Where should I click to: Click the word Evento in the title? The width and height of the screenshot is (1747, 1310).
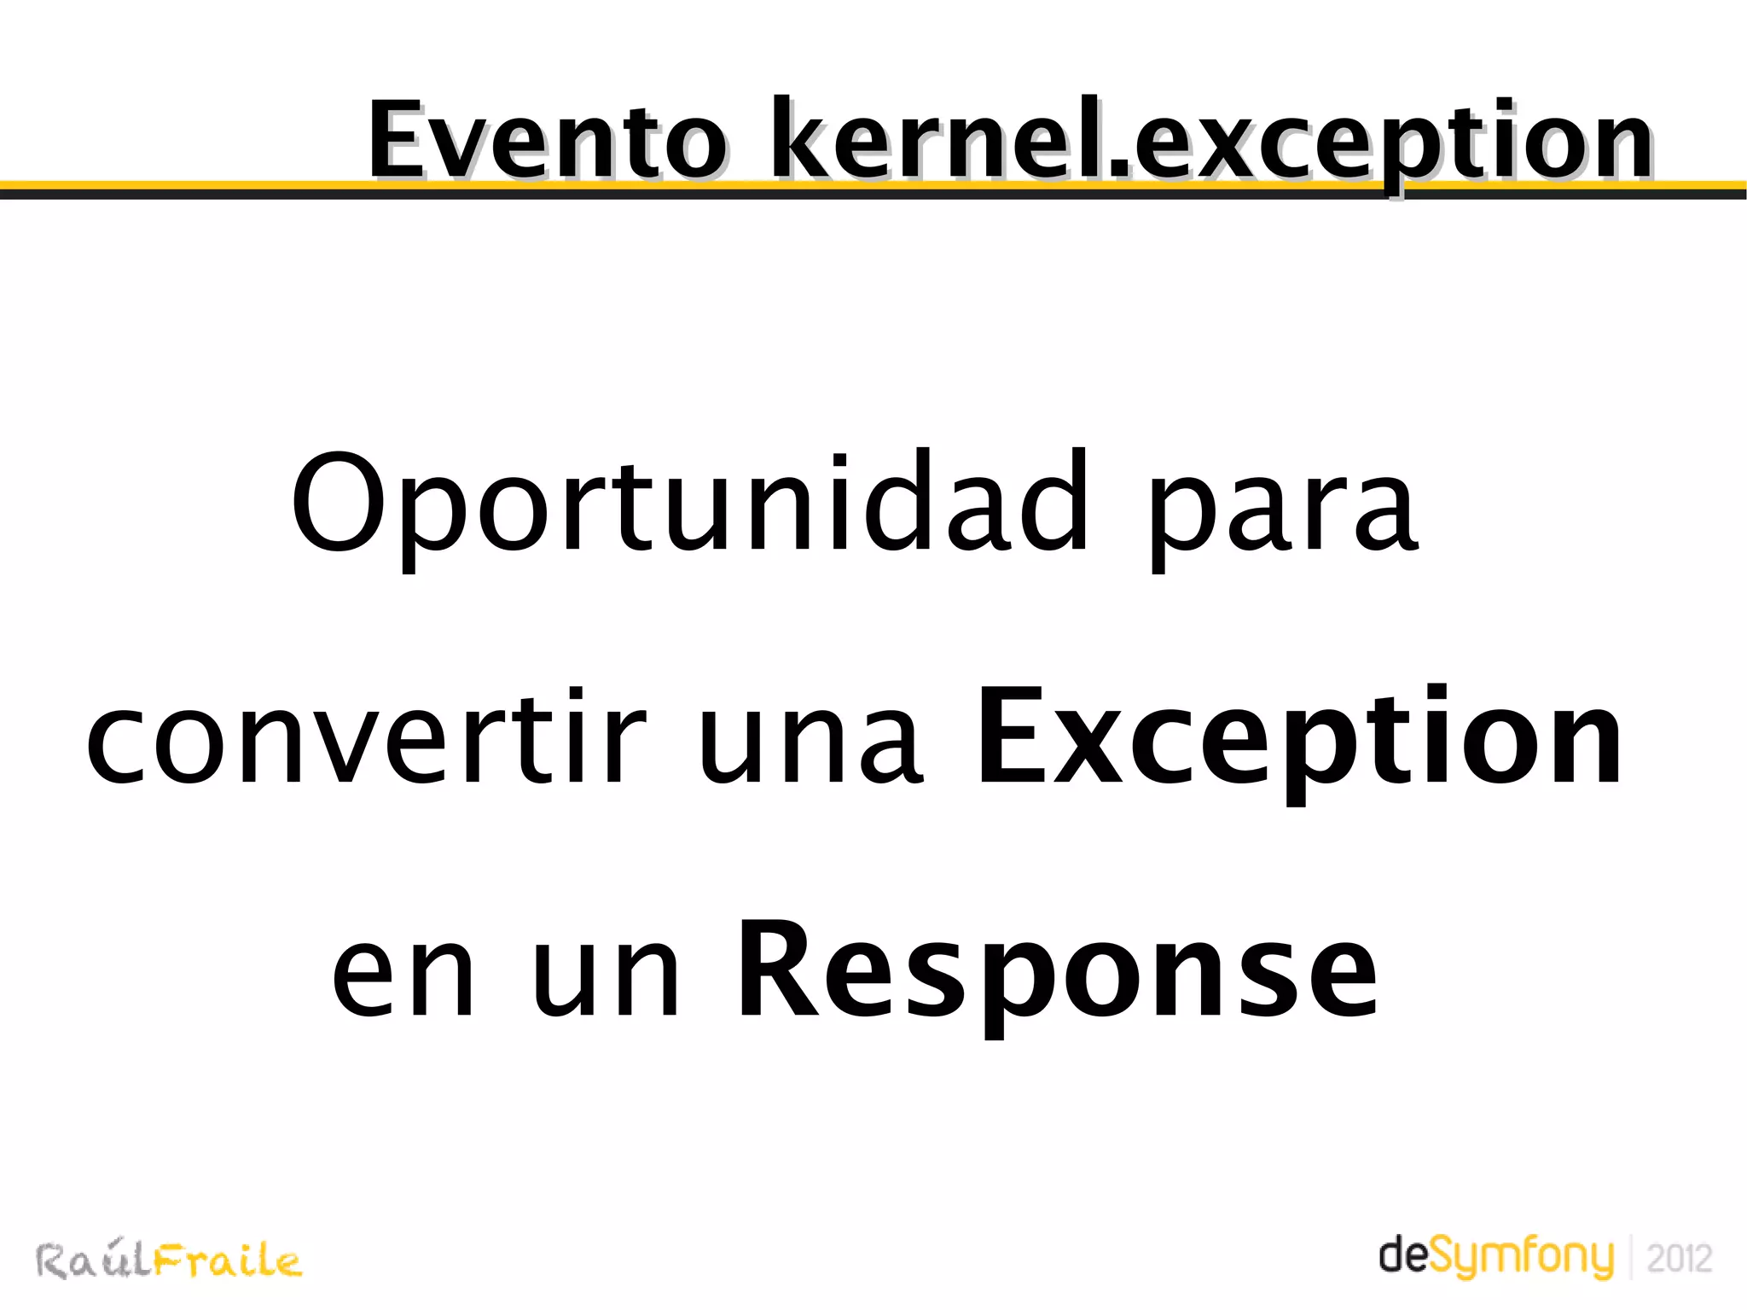point(546,141)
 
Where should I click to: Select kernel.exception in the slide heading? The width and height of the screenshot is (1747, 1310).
point(1211,141)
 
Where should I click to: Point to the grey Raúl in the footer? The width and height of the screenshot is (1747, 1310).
point(94,1261)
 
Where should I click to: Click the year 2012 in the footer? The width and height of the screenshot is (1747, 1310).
point(1679,1260)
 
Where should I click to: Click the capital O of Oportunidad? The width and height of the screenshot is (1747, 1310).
point(334,504)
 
